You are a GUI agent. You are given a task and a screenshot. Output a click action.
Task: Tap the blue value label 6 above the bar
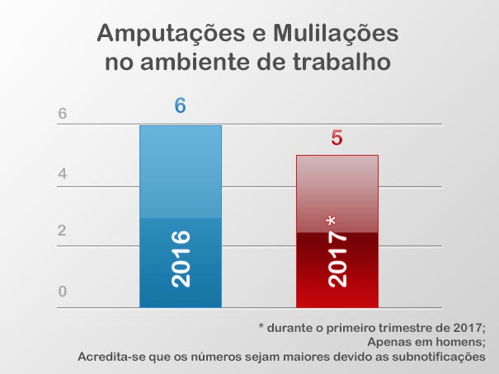pyautogui.click(x=180, y=106)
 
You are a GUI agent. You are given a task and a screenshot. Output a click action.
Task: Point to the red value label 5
pyautogui.click(x=337, y=138)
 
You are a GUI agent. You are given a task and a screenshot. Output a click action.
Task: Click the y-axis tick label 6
pyautogui.click(x=62, y=115)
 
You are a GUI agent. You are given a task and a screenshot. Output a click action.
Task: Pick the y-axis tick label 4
pyautogui.click(x=62, y=175)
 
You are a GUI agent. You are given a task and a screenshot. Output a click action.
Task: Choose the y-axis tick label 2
pyautogui.click(x=62, y=231)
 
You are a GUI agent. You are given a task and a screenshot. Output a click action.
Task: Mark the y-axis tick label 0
pyautogui.click(x=62, y=292)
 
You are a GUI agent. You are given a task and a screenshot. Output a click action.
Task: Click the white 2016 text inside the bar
pyautogui.click(x=180, y=259)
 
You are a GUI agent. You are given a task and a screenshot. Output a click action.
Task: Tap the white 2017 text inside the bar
pyautogui.click(x=337, y=259)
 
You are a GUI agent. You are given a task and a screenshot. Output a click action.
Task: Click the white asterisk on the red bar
pyautogui.click(x=331, y=221)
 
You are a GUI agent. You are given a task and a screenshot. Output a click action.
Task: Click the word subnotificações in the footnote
pyautogui.click(x=435, y=357)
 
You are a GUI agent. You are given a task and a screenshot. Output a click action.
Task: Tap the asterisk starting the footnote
pyautogui.click(x=262, y=326)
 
